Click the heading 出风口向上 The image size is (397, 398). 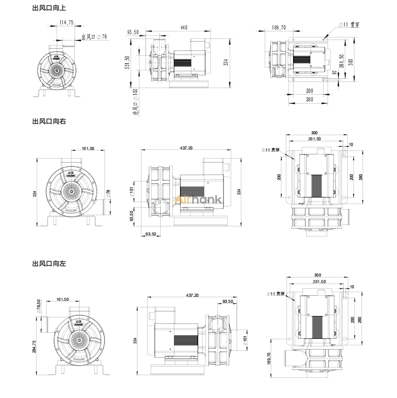tap(49, 8)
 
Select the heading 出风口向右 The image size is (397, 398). tap(49, 122)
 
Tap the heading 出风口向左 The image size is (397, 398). tap(49, 264)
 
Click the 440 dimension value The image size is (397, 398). tap(184, 27)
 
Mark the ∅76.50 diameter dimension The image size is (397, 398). tap(39, 306)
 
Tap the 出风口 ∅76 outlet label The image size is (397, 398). tap(94, 37)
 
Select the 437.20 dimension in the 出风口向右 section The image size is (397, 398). tap(186, 148)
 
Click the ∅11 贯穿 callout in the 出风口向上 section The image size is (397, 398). tap(350, 24)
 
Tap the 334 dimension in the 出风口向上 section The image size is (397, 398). tap(226, 62)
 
